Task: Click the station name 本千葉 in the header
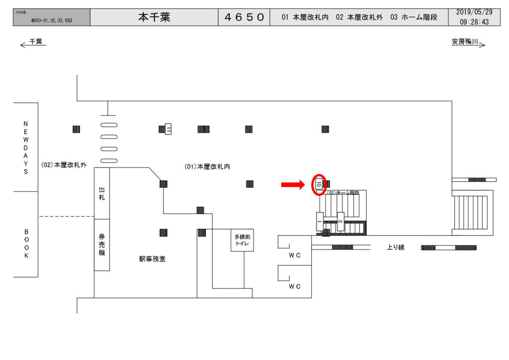154,17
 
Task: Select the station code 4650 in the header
244,17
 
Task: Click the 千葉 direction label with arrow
33,43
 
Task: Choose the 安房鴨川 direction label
468,43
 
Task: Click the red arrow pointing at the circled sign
293,185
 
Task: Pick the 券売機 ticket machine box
102,245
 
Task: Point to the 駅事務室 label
152,259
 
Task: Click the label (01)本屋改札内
207,167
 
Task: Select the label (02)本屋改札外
64,165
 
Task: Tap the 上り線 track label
396,247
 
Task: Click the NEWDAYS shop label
26,147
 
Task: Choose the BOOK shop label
26,244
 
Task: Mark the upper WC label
295,255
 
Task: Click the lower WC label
295,286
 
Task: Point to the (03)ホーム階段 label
343,192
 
